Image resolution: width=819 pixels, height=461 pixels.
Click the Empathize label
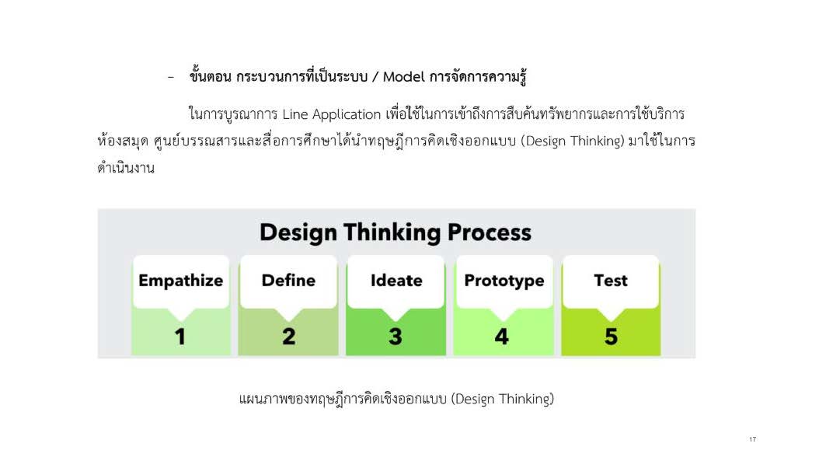pos(181,281)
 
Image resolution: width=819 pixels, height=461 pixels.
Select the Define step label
pos(288,280)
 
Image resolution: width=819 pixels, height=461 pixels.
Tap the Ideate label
pos(396,280)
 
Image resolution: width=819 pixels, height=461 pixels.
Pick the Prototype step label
pos(504,281)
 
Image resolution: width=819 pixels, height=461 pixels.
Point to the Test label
pos(611,280)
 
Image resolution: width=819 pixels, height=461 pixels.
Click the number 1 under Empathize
pos(180,336)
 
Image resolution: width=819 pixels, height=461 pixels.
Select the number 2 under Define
pos(289,336)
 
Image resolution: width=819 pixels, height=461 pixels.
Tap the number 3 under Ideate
pos(396,336)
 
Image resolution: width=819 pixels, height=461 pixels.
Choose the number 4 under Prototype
pos(501,336)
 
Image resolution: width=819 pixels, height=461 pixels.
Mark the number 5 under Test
pos(611,336)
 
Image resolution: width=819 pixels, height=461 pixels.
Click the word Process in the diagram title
pos(490,232)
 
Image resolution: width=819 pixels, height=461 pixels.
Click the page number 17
pos(752,439)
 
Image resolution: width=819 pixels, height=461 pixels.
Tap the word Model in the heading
pos(404,77)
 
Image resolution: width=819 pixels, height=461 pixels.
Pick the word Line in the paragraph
pos(295,114)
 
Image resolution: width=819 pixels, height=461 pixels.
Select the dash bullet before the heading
pos(171,78)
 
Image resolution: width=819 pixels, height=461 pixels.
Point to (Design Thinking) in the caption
pos(502,400)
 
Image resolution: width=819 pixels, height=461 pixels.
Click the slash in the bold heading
pos(375,78)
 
